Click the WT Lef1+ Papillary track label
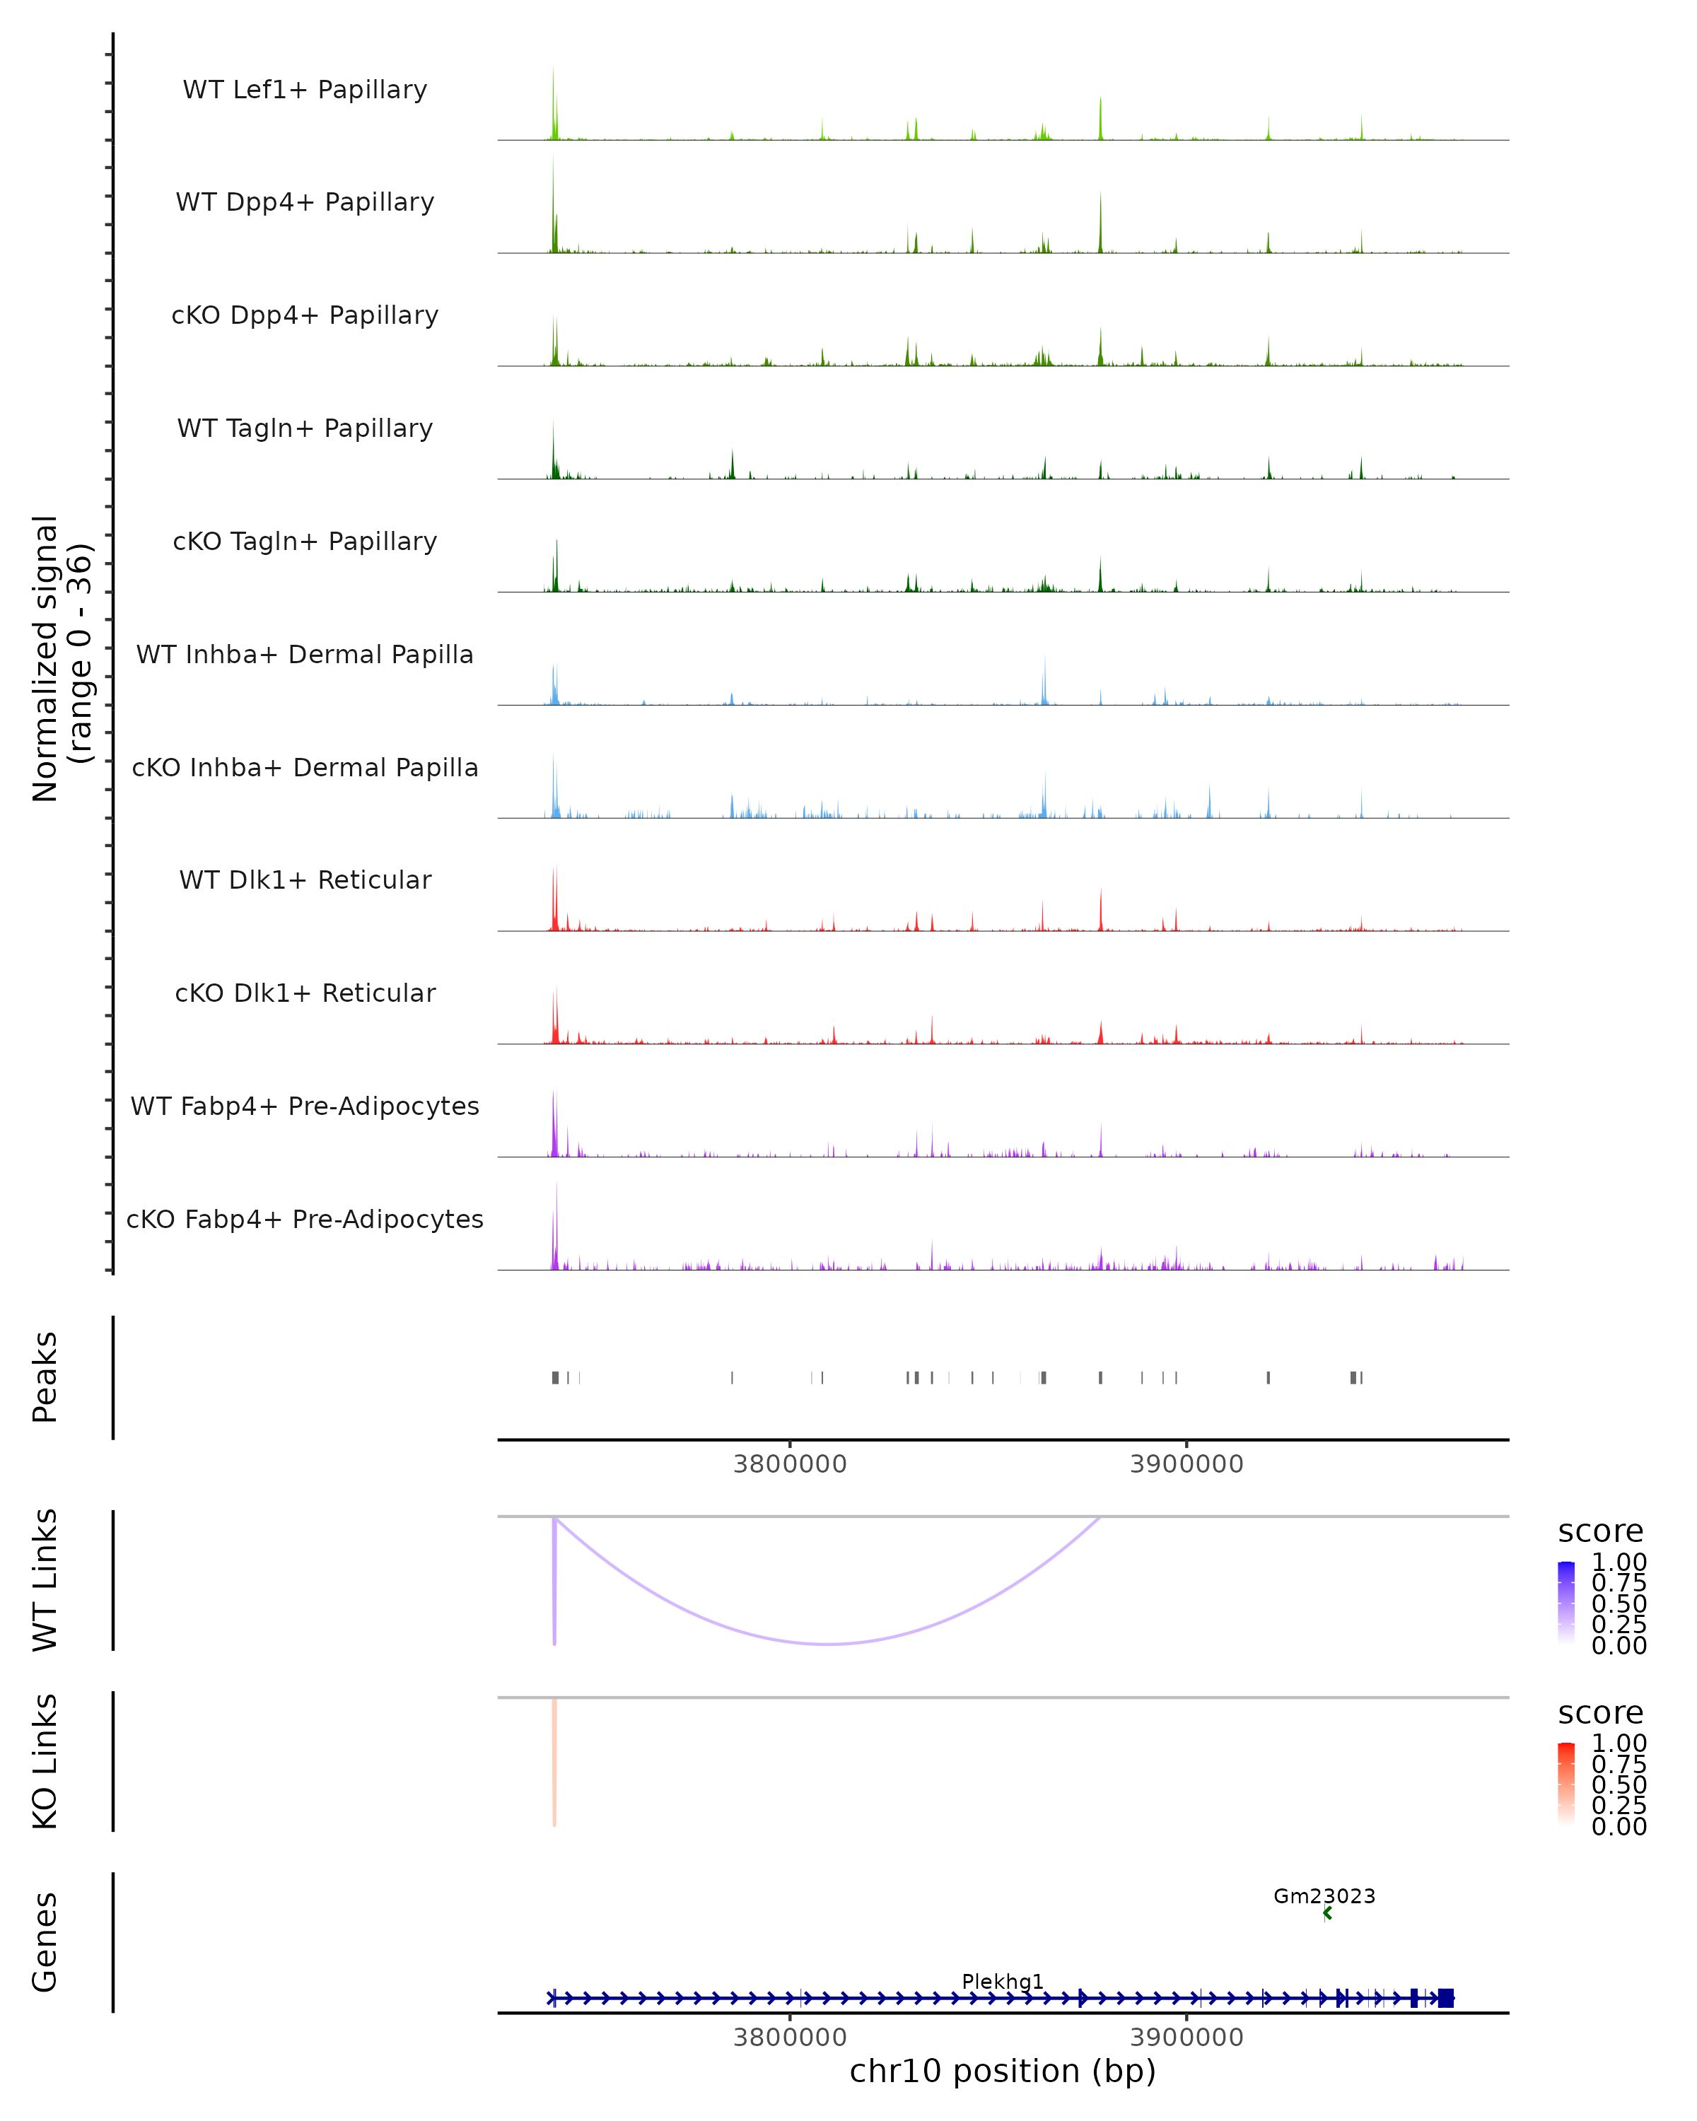[x=305, y=90]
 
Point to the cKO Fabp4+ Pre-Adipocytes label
[x=305, y=1219]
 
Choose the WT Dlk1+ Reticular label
[x=305, y=880]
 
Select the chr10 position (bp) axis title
[x=1003, y=2071]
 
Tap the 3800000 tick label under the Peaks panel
[x=790, y=1464]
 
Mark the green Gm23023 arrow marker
[x=1327, y=1913]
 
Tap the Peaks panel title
[x=45, y=1377]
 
